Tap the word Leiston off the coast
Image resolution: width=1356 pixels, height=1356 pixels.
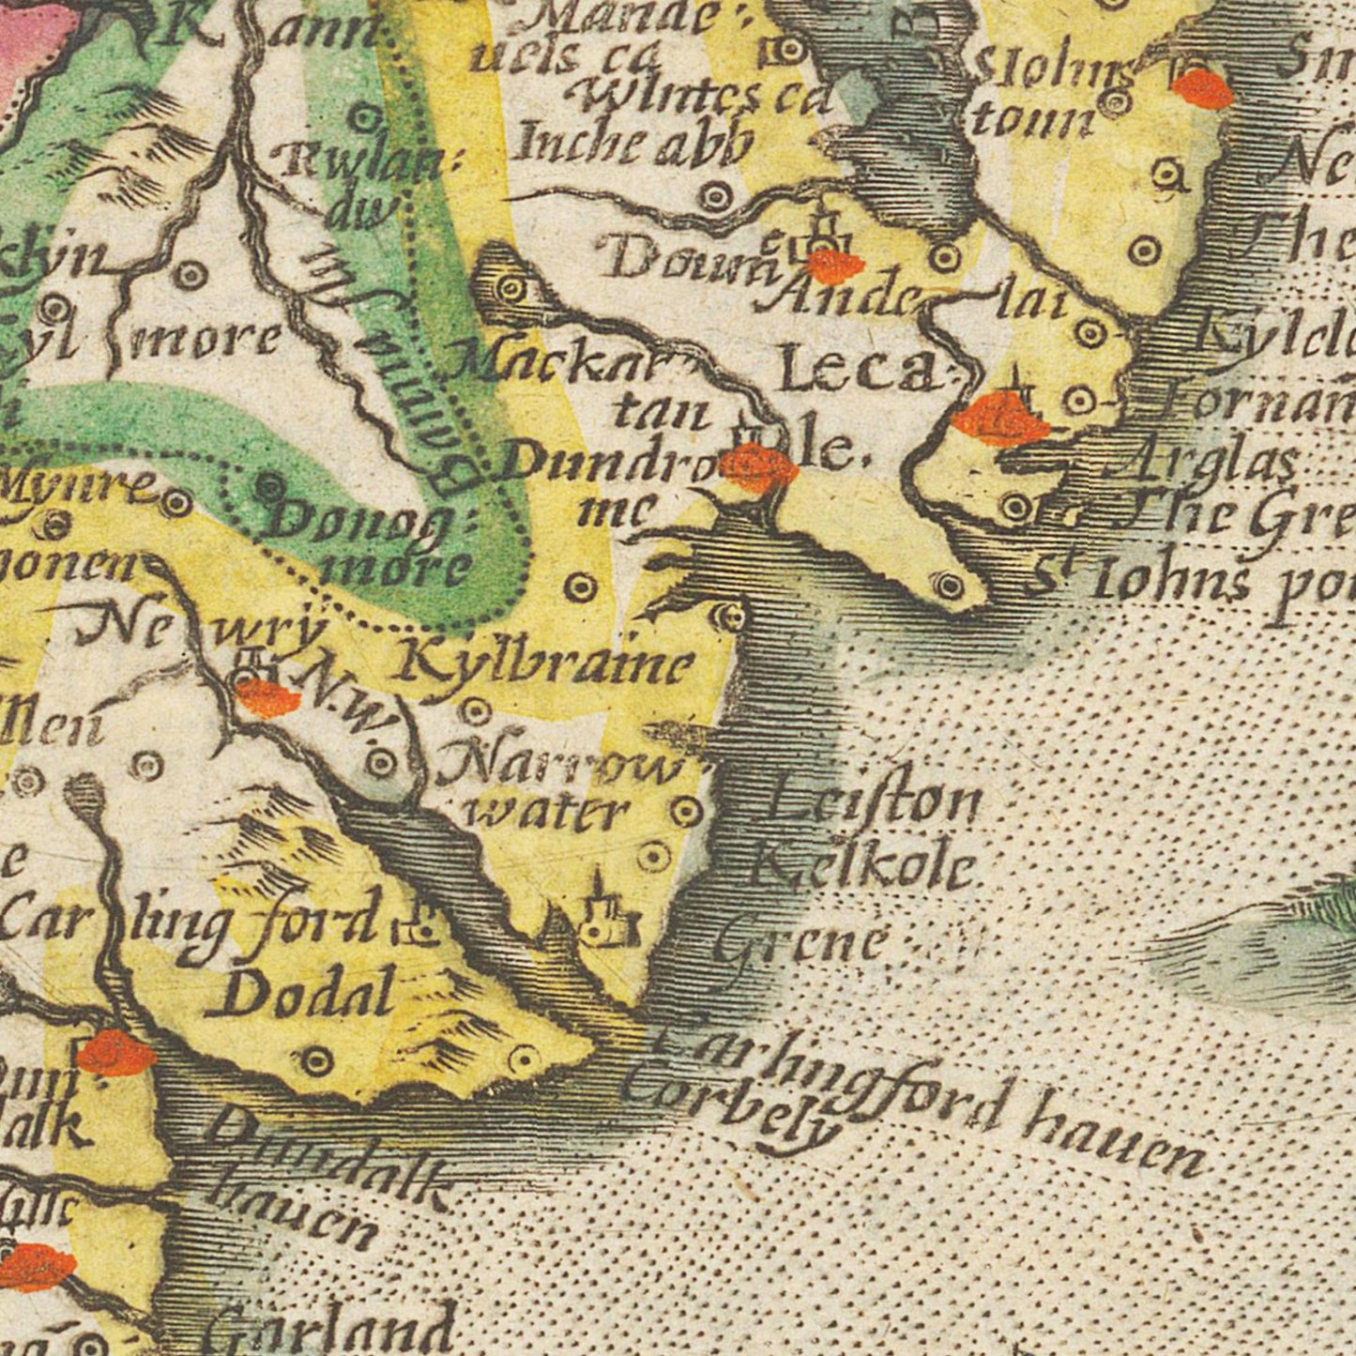point(874,803)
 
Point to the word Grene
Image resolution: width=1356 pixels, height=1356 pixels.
point(801,939)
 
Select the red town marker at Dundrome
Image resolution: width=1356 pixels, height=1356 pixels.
point(760,466)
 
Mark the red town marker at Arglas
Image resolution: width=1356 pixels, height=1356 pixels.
point(1000,420)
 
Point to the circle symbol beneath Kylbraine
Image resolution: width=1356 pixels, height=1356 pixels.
point(476,711)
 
